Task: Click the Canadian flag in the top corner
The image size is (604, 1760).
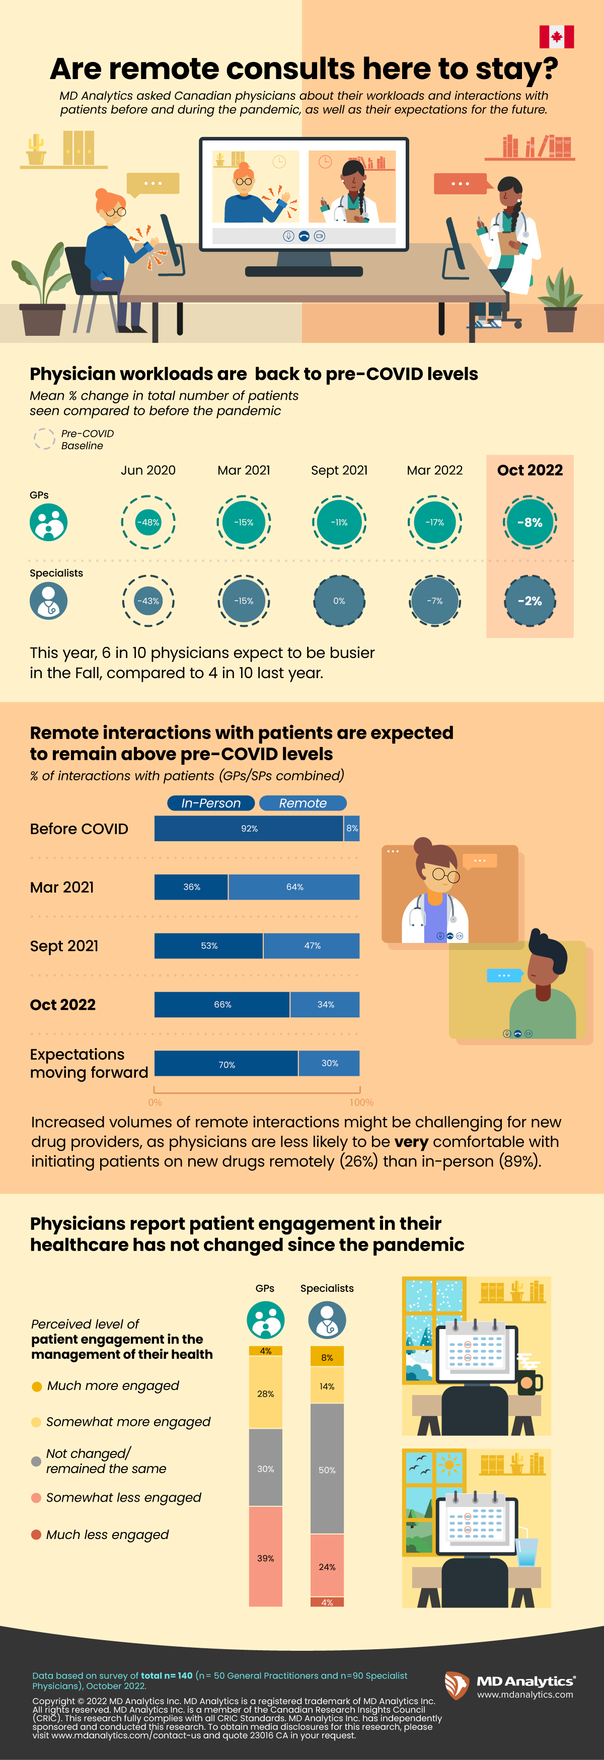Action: [556, 37]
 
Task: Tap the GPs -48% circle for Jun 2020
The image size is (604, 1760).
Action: [148, 522]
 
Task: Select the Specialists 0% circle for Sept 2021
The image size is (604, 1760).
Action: [339, 601]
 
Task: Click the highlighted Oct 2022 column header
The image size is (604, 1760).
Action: [530, 470]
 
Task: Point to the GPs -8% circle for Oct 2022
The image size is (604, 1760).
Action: [530, 522]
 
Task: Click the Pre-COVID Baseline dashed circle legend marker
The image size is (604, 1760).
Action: [44, 438]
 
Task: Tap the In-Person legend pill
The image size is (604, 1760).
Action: [210, 803]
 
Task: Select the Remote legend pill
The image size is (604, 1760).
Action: [303, 803]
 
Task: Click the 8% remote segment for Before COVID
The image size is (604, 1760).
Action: [352, 828]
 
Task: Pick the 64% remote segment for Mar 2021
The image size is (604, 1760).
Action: [294, 887]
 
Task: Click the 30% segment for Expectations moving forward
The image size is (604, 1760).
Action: [329, 1063]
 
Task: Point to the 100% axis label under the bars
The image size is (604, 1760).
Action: [361, 1102]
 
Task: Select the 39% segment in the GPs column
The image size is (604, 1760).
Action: [265, 1558]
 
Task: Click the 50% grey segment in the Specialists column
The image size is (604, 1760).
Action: [327, 1470]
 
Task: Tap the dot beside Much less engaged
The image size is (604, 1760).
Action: [36, 1534]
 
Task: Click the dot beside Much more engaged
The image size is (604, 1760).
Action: [37, 1386]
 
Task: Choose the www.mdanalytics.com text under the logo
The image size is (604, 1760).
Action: [525, 1695]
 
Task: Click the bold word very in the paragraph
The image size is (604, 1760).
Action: [411, 1142]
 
